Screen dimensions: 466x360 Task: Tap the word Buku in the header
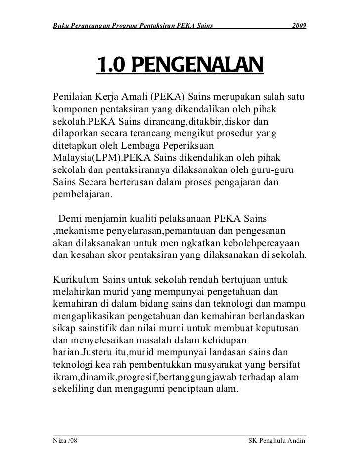[61, 25]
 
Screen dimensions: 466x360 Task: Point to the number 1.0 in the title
[111, 66]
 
